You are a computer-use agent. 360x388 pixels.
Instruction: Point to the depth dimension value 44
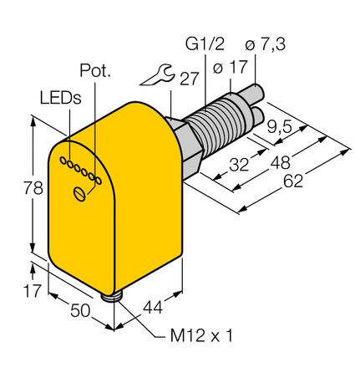pos(152,307)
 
